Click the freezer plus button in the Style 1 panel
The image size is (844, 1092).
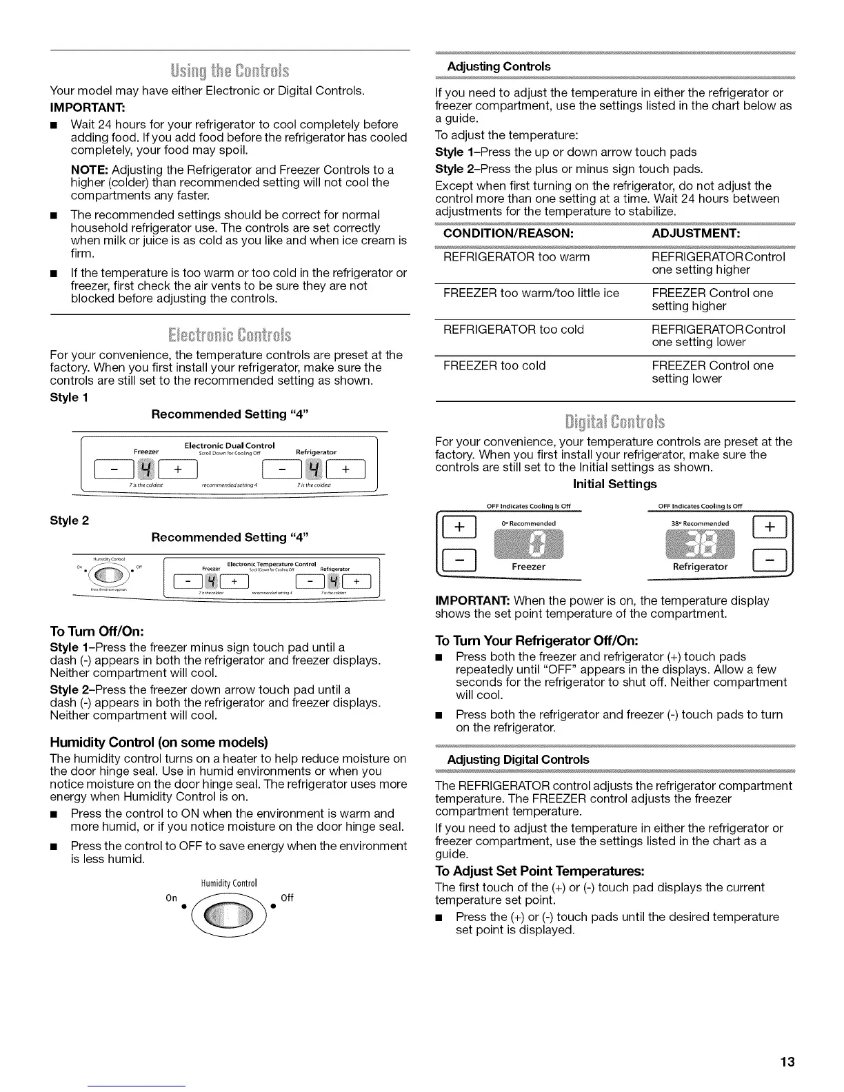click(x=178, y=471)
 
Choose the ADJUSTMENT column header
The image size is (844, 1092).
click(x=696, y=234)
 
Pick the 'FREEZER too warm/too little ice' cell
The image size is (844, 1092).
click(x=531, y=293)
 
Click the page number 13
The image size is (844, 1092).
click(x=787, y=1062)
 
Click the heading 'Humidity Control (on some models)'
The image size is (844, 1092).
click(x=159, y=742)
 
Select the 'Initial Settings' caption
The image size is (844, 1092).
click(x=615, y=484)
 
